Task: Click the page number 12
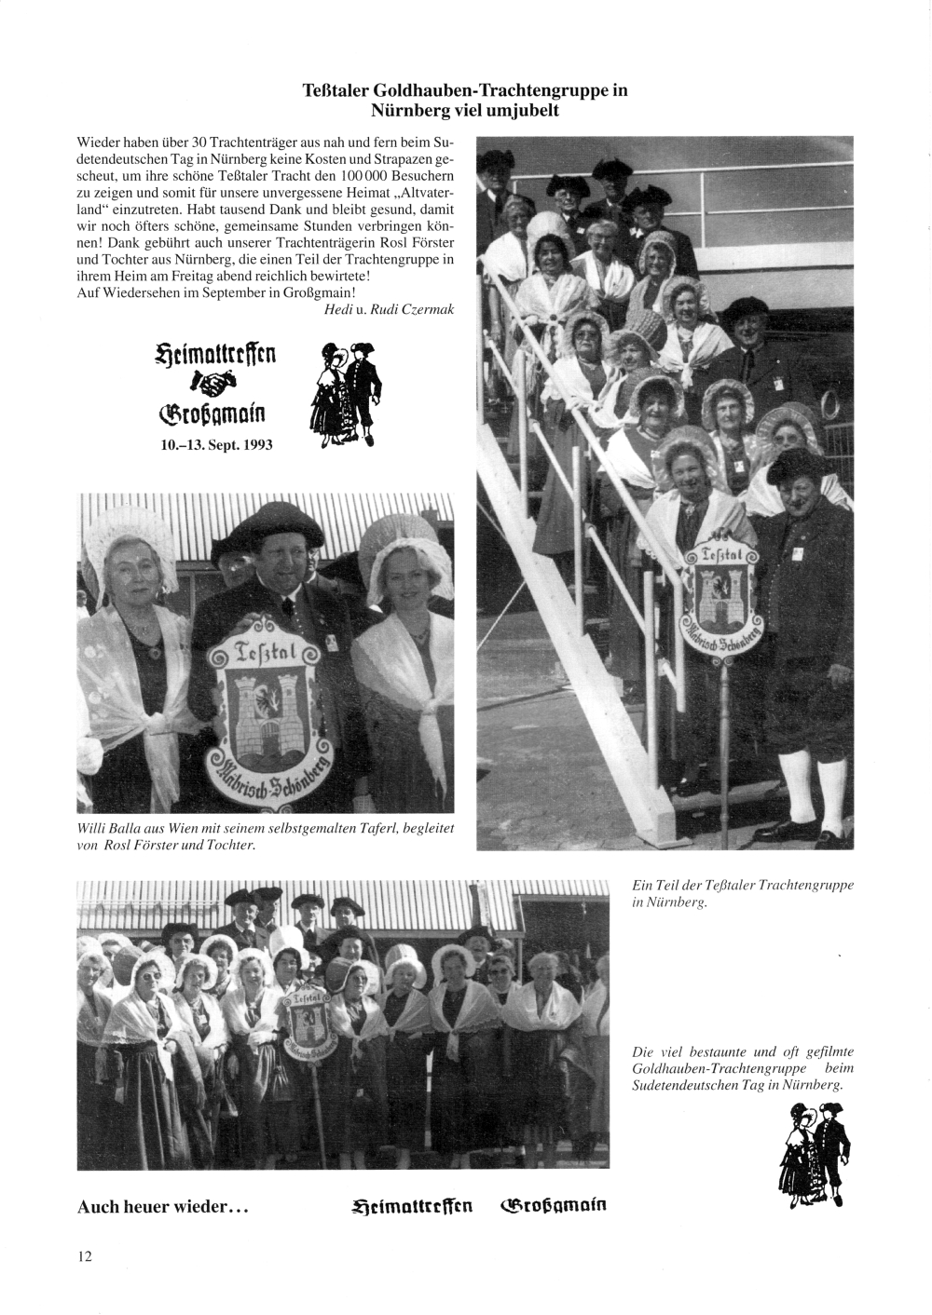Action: [85, 1255]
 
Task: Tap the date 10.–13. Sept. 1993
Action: [217, 444]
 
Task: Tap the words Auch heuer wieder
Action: [161, 1206]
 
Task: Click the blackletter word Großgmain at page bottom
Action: [554, 1205]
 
